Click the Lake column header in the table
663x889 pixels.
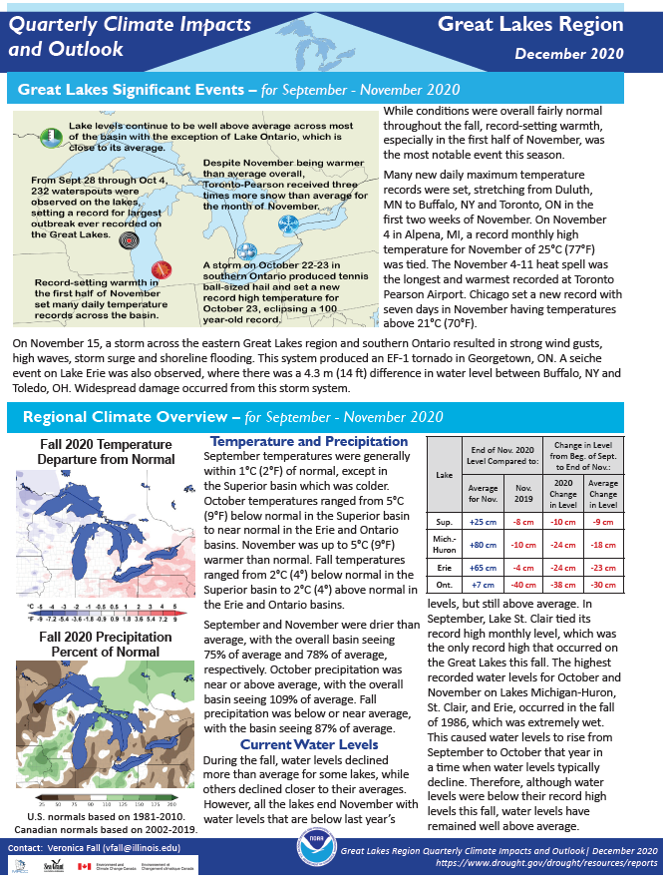[x=444, y=475]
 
